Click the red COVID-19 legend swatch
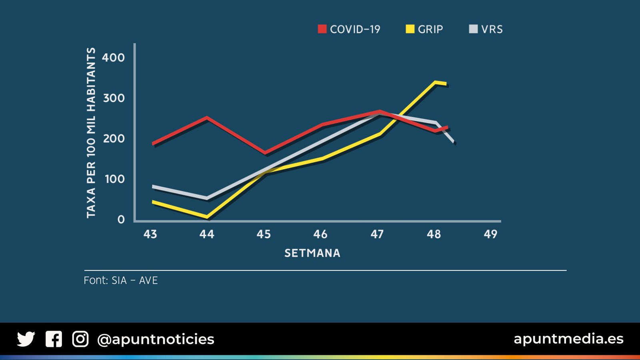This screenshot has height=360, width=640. point(322,29)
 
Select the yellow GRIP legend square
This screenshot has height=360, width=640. point(410,29)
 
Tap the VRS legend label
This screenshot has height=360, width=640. point(492,29)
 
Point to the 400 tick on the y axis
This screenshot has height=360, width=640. point(113,58)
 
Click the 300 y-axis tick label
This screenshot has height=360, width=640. point(114,98)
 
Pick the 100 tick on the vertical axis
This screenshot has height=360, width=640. point(114,179)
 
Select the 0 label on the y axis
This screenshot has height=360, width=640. point(121,220)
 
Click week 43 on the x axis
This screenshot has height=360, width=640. point(150,234)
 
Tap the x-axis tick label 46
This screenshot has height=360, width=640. point(320,234)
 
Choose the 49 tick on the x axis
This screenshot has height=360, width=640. point(490,234)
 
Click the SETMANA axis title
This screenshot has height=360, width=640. point(312,253)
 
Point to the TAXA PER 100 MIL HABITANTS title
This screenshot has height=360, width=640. point(91,133)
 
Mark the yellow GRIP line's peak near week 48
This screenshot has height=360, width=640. point(435,82)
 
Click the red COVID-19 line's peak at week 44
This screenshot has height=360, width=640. point(207,118)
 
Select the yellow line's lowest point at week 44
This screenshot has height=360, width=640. point(207,217)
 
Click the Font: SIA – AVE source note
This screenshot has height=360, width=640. point(121,280)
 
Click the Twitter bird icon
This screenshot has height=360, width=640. point(26,339)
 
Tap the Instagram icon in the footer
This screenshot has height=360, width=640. point(80,339)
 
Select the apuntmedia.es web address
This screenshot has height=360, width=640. point(568,339)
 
